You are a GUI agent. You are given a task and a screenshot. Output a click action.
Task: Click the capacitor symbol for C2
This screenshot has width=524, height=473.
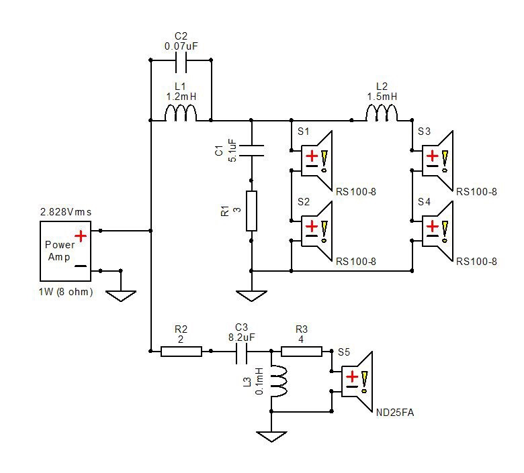pos(181,60)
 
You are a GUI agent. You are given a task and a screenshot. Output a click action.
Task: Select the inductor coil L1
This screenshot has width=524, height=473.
pos(181,113)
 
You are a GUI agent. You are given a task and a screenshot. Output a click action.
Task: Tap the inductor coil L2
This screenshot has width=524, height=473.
pos(382,113)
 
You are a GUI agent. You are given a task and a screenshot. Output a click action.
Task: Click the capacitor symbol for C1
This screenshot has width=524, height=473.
pos(251,150)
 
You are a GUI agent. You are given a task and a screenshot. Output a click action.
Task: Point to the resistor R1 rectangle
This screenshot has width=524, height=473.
pos(251,211)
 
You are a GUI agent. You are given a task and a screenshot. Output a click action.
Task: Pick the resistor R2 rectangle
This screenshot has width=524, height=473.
pos(181,352)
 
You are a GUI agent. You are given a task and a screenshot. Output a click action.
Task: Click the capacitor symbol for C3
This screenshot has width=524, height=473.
pos(241,352)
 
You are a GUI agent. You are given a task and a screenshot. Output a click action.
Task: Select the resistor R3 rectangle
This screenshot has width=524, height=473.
pos(302,352)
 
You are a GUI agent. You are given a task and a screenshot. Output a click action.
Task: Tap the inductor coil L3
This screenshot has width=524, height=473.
pos(278,381)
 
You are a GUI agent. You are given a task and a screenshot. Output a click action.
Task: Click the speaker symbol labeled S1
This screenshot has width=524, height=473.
pos(316,160)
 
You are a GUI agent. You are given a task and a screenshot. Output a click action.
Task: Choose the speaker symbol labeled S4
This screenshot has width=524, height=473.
pos(437,231)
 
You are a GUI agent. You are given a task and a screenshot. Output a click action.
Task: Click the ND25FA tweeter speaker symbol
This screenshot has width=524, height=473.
pos(357,382)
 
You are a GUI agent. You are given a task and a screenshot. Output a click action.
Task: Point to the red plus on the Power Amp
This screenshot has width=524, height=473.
pos(81,236)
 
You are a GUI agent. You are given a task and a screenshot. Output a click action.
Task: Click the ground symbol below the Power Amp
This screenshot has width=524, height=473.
pos(121,296)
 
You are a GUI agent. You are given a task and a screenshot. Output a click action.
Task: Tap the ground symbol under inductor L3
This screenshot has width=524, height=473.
pos(271,437)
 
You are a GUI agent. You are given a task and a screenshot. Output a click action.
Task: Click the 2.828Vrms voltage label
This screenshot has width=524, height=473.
pos(66,212)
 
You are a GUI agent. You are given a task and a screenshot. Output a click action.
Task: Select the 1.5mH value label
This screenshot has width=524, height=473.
pos(382,97)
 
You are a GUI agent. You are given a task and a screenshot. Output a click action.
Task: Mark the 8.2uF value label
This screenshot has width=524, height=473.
pos(241,337)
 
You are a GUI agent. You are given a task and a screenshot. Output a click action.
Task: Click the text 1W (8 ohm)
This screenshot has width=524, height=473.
pos(66,292)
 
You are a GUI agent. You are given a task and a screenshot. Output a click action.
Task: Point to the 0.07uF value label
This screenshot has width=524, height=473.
pos(181,46)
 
